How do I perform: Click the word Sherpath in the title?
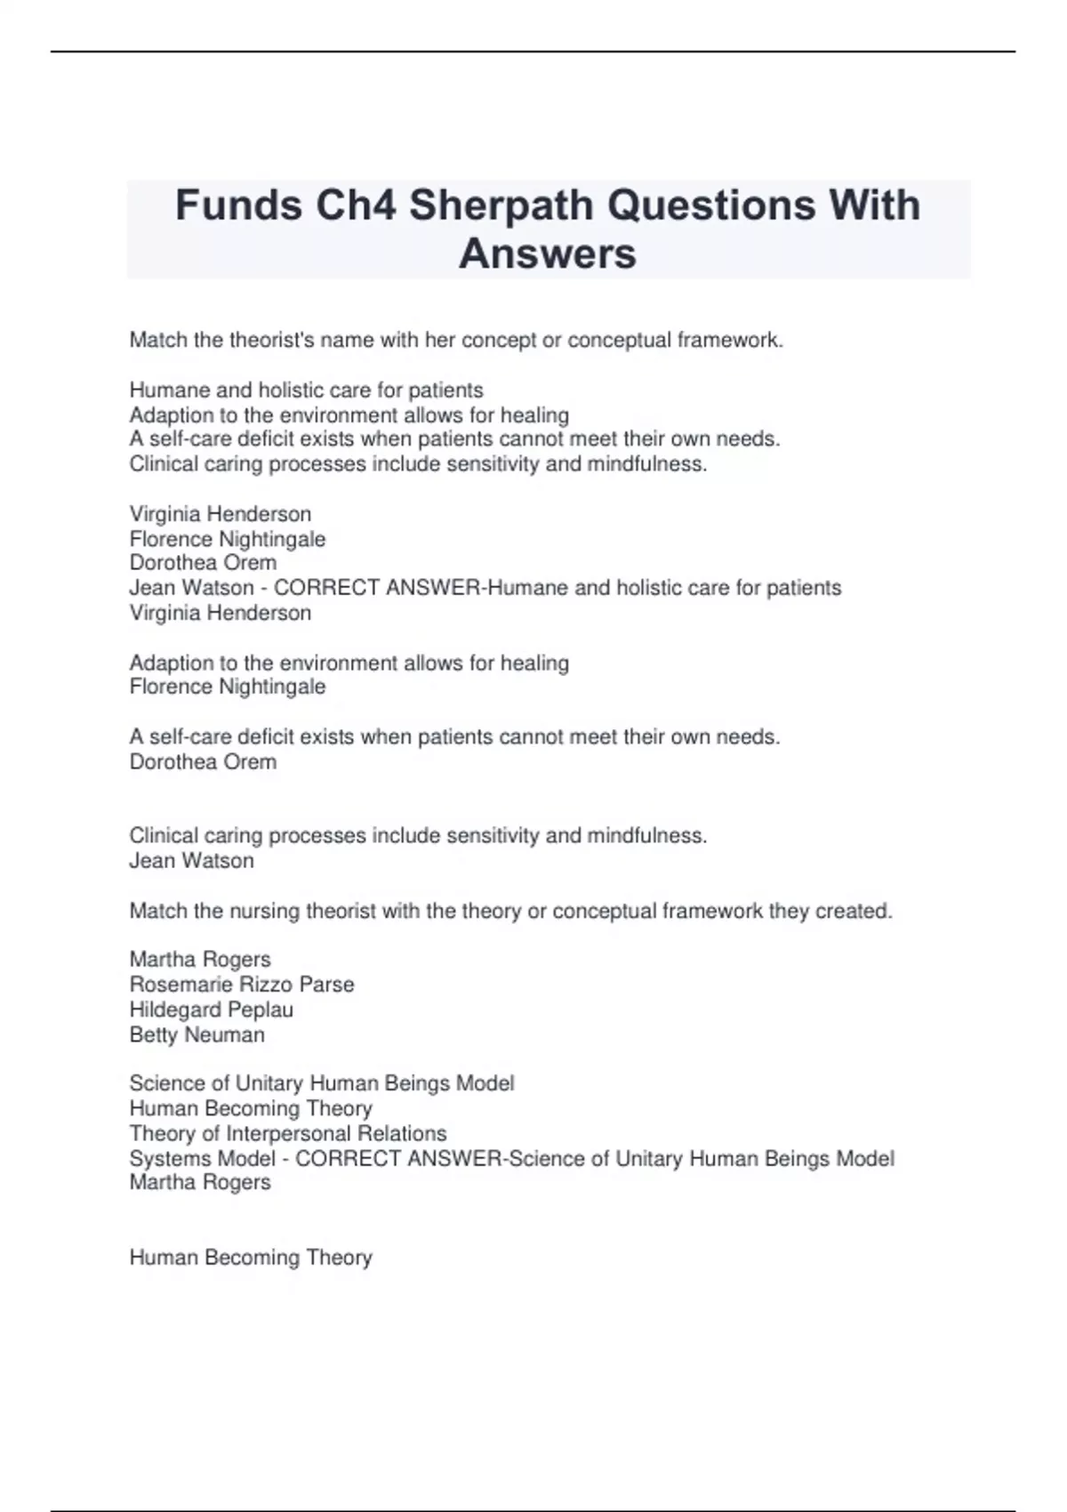(501, 205)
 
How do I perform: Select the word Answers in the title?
(548, 253)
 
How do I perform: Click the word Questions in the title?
(710, 205)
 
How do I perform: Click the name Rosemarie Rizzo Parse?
(242, 985)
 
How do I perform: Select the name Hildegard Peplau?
(212, 1009)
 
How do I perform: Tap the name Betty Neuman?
(197, 1034)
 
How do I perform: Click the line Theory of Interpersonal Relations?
(288, 1133)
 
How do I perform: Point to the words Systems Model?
(203, 1158)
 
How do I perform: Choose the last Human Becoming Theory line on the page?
(251, 1258)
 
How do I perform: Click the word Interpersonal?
(336, 1133)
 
